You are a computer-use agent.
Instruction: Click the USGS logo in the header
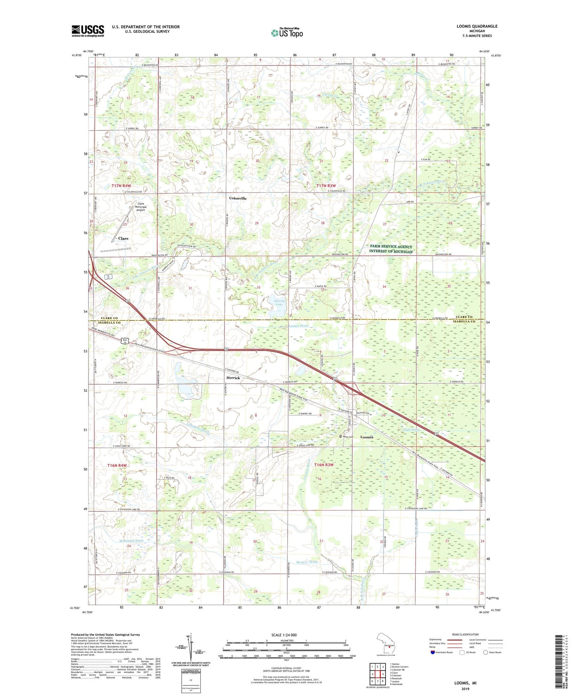tap(88, 31)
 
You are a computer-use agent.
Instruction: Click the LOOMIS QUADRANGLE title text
tap(475, 26)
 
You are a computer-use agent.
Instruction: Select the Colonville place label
tap(238, 198)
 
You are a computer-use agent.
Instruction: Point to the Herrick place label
tap(233, 378)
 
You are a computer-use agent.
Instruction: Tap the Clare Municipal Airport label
tap(140, 207)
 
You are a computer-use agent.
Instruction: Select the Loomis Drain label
tap(298, 326)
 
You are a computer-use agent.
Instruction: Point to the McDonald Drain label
tap(131, 541)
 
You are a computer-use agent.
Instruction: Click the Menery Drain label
tap(307, 562)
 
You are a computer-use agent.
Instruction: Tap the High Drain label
tap(411, 429)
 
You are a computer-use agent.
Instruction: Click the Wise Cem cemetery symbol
tap(340, 437)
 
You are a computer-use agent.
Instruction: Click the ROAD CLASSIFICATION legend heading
tap(465, 635)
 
